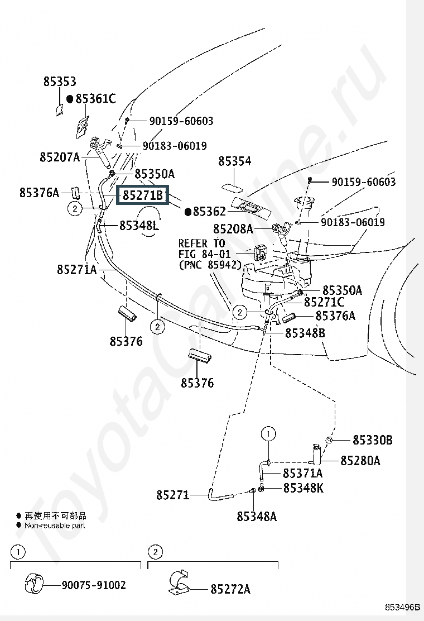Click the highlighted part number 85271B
143,195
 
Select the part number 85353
60,82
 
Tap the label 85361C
96,99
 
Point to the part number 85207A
60,157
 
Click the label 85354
235,161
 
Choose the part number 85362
209,212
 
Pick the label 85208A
233,229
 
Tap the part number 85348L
139,226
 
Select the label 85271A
77,270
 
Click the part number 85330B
373,440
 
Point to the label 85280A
360,461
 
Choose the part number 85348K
303,488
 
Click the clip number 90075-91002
94,585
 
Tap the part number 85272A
230,589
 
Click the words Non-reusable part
55,526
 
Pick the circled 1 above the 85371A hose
268,434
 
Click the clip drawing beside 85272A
179,582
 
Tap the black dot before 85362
188,212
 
